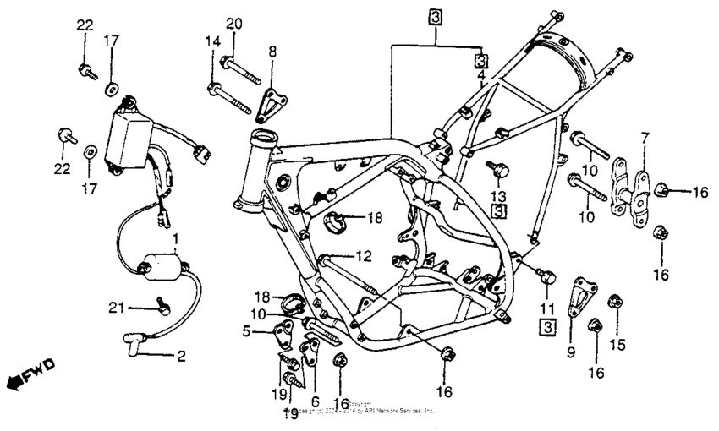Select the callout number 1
175,239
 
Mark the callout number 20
233,23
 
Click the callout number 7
645,137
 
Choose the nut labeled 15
615,300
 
